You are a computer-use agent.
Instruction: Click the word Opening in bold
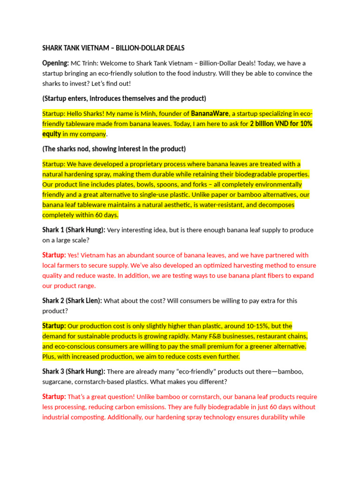point(55,63)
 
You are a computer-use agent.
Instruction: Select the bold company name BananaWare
point(210,113)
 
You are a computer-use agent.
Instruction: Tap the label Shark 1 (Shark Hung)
point(74,230)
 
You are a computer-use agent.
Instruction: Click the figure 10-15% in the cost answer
point(253,326)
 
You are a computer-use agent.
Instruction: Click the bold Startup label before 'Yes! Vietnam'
point(54,255)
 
